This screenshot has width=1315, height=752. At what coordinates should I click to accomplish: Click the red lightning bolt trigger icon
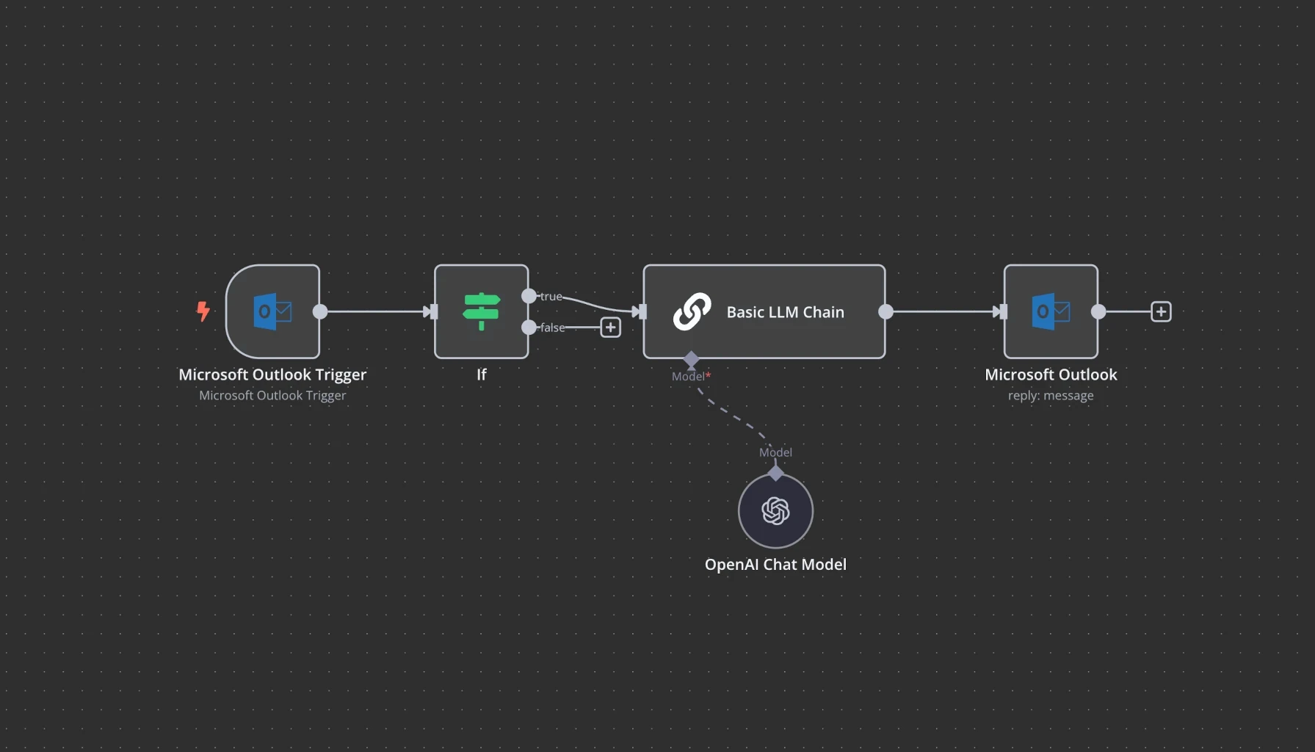[203, 311]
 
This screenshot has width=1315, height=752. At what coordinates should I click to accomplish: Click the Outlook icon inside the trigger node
[272, 312]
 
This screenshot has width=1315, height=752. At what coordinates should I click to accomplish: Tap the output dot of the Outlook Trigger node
[320, 311]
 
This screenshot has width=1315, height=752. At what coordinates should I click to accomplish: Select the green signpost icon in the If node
[482, 311]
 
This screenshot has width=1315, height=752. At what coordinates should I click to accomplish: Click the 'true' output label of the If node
[551, 297]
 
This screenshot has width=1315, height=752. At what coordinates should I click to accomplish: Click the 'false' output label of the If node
[552, 328]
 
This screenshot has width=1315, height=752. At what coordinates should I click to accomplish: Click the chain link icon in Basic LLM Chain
[692, 312]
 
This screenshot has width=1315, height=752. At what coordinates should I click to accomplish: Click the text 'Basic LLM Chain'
[785, 312]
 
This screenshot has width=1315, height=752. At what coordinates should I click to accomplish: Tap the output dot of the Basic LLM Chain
[885, 311]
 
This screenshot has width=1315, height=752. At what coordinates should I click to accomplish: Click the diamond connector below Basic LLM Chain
[691, 359]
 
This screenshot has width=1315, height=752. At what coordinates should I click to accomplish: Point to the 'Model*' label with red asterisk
[691, 376]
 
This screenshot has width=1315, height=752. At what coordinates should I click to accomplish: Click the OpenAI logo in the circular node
[775, 511]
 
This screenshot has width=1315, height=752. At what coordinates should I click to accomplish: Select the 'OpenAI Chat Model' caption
[775, 564]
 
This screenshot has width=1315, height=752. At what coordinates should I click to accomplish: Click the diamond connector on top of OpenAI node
[775, 473]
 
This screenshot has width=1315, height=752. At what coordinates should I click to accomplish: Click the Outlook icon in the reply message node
[1051, 312]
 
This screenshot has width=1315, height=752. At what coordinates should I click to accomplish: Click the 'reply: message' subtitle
[1051, 396]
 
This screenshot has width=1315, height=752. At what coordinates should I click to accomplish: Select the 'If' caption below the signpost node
[482, 375]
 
